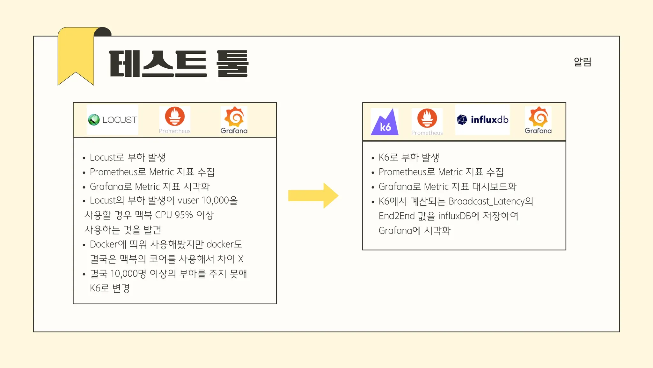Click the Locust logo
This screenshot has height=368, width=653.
[x=112, y=120]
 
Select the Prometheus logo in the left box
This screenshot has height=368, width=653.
[x=175, y=119]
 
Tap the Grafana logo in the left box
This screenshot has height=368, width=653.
[x=234, y=120]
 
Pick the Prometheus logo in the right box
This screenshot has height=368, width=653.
[x=427, y=122]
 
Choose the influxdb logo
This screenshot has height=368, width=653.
[x=482, y=120]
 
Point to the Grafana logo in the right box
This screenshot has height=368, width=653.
[x=538, y=120]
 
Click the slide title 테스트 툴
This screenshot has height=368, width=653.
[x=179, y=64]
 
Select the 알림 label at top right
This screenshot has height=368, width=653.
[x=583, y=62]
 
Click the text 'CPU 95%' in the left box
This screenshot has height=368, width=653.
[x=174, y=215]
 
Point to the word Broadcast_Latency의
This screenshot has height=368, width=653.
[x=491, y=201]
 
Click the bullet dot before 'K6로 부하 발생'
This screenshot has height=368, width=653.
[x=373, y=158]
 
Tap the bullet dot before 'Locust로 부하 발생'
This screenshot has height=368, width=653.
[x=84, y=158]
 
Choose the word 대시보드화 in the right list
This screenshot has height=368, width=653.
[x=494, y=187]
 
